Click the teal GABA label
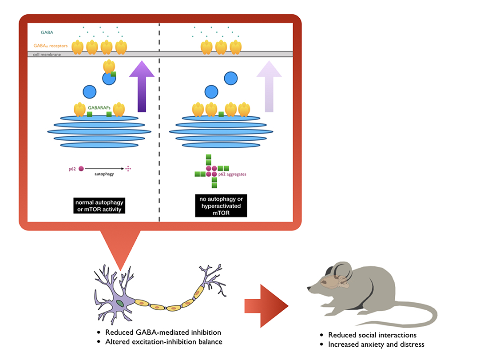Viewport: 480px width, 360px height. tap(45, 32)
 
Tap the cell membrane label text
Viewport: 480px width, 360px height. tap(44, 55)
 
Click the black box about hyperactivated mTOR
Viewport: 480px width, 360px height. tap(221, 205)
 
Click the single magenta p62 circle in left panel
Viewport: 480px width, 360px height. tap(81, 169)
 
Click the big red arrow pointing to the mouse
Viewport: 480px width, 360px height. tap(266, 306)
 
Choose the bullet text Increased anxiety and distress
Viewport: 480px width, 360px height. tap(376, 344)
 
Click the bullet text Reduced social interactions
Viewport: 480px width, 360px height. tap(372, 335)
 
